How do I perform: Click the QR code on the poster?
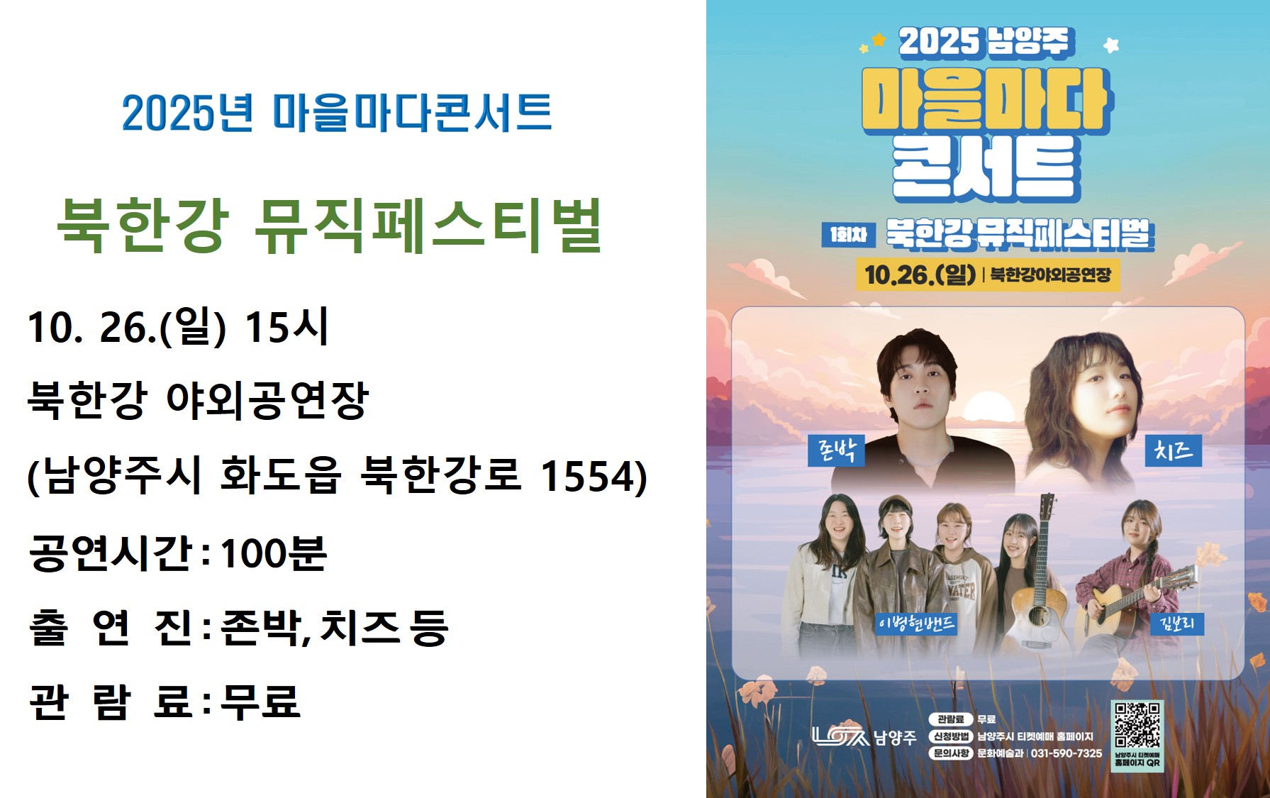(1137, 724)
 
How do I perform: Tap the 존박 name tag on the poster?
(837, 450)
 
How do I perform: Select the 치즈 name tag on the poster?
(1174, 450)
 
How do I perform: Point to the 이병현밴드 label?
(916, 624)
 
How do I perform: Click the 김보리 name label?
(1177, 624)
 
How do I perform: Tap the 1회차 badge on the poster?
(848, 235)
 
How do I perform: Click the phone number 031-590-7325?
(1066, 753)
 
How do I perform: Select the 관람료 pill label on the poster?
(951, 719)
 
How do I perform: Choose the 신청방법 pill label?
(951, 736)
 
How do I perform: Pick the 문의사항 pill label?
(951, 753)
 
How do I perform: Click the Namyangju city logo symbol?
(840, 736)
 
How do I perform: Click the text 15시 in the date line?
(286, 327)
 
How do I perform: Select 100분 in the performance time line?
(274, 553)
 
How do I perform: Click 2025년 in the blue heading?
(187, 113)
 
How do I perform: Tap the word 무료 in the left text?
(260, 702)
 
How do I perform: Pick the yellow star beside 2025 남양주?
(879, 40)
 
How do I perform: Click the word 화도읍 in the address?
(281, 475)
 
